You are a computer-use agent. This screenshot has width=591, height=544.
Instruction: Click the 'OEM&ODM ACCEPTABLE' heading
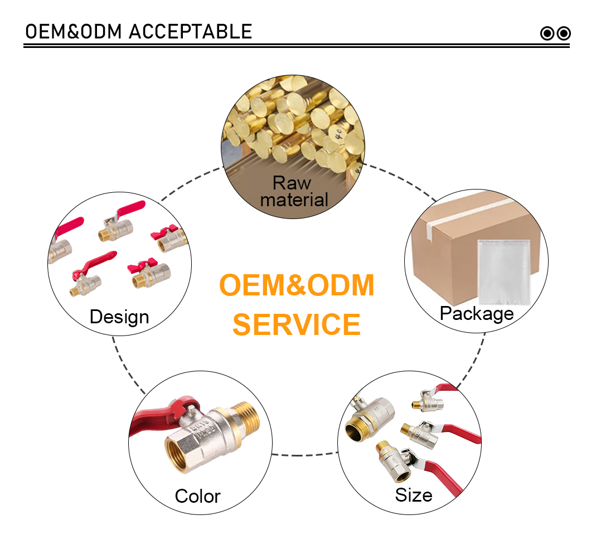click(x=138, y=32)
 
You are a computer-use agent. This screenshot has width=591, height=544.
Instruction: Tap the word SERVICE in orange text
click(x=297, y=324)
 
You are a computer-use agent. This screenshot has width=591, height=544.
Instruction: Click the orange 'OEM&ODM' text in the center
click(x=297, y=285)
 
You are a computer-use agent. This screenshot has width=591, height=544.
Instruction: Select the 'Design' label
click(x=119, y=317)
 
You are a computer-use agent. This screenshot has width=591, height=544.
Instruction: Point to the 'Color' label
click(x=197, y=496)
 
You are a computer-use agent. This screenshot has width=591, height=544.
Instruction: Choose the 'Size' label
click(x=414, y=495)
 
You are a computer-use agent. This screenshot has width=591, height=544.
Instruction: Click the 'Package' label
click(x=477, y=314)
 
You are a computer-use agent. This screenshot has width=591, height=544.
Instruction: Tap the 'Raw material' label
click(x=294, y=191)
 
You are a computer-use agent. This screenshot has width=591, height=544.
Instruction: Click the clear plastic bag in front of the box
click(x=504, y=272)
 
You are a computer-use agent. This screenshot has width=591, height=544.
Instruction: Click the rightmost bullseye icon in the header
click(x=564, y=33)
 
